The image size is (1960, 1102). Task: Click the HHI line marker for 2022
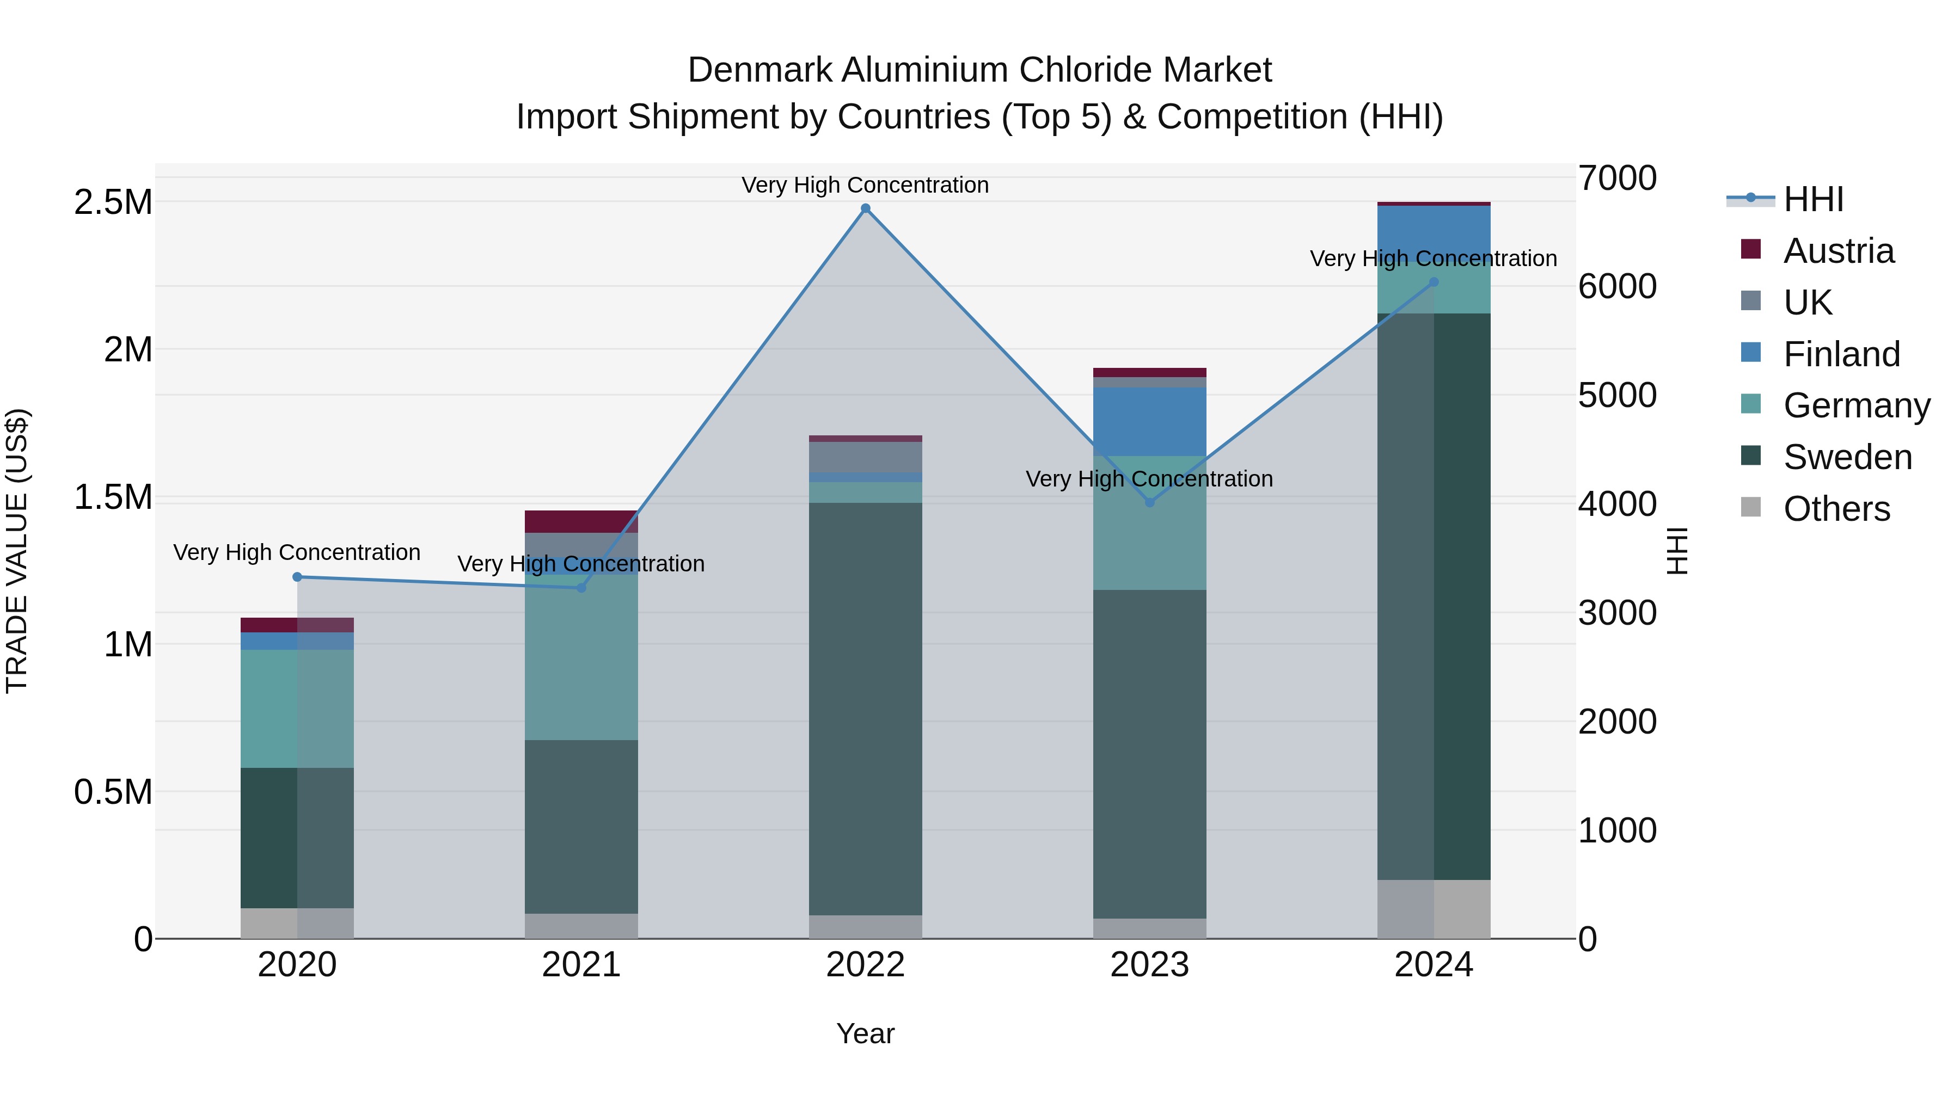coord(865,208)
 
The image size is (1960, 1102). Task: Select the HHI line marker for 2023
coord(1150,503)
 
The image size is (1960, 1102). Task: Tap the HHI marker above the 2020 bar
coord(297,577)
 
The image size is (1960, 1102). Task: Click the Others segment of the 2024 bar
coord(1434,909)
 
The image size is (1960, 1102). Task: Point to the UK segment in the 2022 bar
coord(865,457)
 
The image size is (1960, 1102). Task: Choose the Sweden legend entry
coord(1847,457)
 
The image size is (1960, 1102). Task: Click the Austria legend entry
coord(1837,251)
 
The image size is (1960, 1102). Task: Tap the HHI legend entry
coord(1812,199)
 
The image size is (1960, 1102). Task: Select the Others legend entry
coord(1836,509)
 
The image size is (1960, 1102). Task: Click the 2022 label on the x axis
coord(865,965)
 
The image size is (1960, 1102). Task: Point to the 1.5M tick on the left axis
coord(113,497)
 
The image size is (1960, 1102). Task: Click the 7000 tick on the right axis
coord(1617,178)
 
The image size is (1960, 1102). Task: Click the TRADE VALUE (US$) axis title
coord(17,551)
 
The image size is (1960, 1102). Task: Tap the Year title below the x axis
coord(865,1033)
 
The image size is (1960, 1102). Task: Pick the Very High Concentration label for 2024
coord(1433,258)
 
